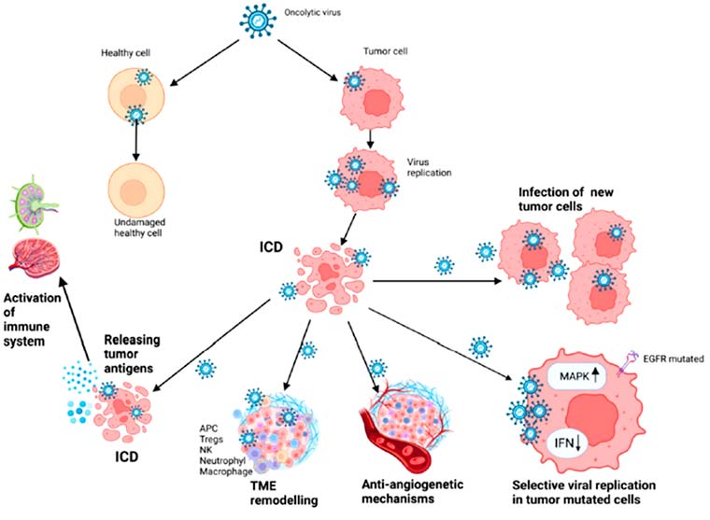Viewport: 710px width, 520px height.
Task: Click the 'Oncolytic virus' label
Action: (x=312, y=12)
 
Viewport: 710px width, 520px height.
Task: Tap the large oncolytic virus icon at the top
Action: (x=258, y=21)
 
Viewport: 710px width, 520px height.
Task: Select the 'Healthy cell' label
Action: (x=125, y=53)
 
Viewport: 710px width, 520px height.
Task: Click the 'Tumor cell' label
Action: (x=385, y=51)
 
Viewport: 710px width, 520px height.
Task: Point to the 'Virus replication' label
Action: (x=429, y=167)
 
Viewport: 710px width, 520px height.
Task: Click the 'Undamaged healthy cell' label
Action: (x=139, y=228)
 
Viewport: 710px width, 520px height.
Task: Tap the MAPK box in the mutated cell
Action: (x=576, y=376)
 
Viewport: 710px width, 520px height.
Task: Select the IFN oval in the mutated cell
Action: (x=567, y=443)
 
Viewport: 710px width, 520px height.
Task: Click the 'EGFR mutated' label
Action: (x=674, y=358)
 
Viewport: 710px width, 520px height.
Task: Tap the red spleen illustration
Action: (x=34, y=258)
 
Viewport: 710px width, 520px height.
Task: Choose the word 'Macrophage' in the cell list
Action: (x=226, y=471)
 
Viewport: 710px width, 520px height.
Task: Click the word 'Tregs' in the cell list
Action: (x=211, y=439)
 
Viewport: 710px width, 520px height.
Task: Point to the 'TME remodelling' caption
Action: (x=284, y=493)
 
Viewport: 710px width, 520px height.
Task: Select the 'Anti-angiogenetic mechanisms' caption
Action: (x=413, y=491)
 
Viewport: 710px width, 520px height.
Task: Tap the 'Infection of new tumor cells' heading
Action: (x=565, y=199)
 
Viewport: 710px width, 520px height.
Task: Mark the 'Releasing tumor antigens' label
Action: (x=132, y=354)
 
